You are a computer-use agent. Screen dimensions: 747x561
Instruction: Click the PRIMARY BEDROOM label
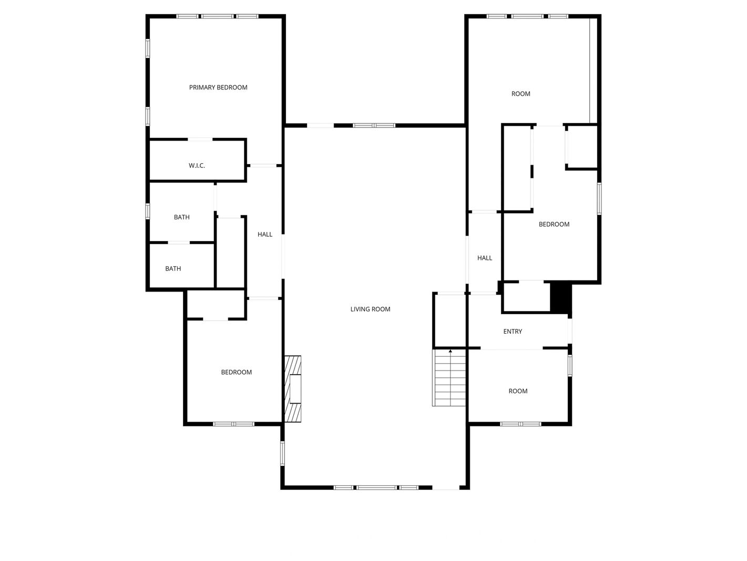(x=218, y=87)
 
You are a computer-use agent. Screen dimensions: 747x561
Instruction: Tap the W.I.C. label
(x=197, y=166)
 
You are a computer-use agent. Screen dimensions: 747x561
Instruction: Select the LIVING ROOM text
(x=370, y=309)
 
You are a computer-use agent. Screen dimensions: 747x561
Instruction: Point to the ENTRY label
(x=513, y=332)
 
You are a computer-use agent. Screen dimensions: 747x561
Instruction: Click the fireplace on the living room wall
(x=293, y=389)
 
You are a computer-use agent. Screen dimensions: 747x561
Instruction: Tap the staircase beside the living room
(x=449, y=378)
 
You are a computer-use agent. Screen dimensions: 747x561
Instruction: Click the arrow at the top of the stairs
(x=451, y=351)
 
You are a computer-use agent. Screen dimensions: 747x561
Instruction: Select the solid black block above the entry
(x=560, y=297)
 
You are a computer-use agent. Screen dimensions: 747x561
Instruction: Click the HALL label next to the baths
(x=265, y=234)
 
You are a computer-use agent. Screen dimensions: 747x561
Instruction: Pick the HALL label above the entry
(x=485, y=258)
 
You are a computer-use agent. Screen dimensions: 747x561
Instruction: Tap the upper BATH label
(x=182, y=217)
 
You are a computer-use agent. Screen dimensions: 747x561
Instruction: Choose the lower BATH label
(x=173, y=269)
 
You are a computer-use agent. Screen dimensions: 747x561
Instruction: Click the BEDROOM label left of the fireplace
(x=237, y=372)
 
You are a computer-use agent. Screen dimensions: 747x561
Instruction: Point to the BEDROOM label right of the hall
(x=554, y=225)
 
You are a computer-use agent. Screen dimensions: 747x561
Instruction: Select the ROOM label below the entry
(x=518, y=391)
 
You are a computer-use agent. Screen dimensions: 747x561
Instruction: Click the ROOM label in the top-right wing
(x=520, y=94)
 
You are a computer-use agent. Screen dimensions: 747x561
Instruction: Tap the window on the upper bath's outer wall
(x=148, y=211)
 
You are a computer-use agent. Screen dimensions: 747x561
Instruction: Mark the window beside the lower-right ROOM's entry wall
(x=570, y=365)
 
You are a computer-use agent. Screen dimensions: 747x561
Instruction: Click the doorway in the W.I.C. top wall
(x=200, y=139)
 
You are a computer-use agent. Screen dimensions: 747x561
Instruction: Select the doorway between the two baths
(x=179, y=243)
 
